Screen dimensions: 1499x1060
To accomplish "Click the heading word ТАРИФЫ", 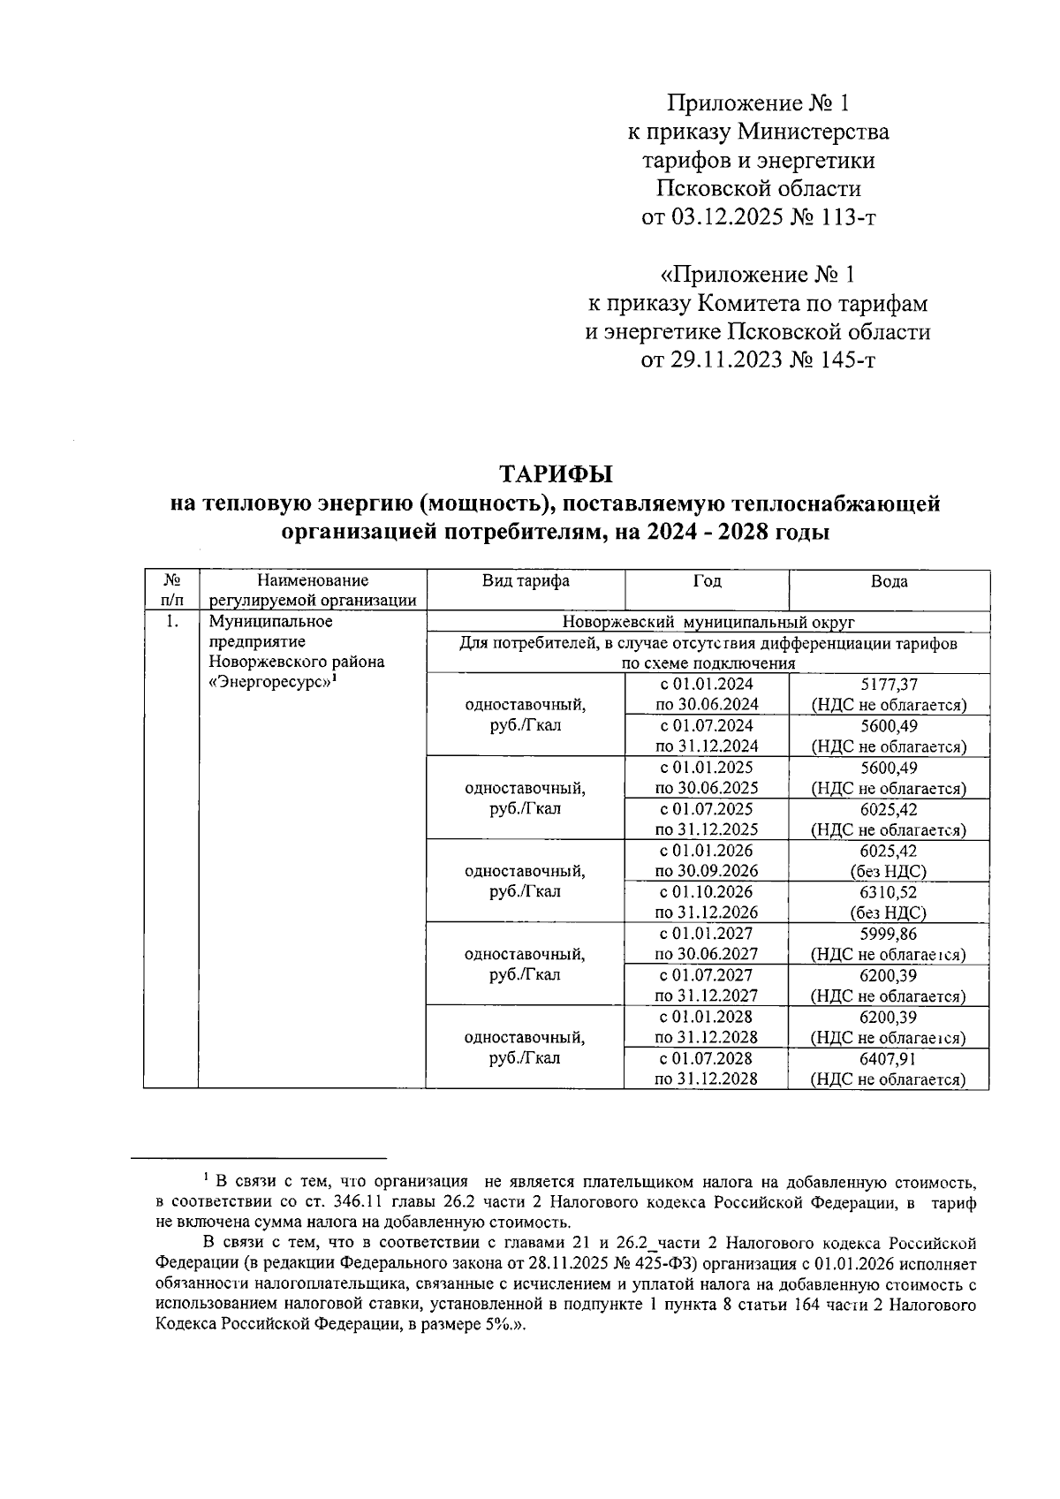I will pos(556,474).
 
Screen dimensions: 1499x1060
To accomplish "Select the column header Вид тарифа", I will pos(526,581).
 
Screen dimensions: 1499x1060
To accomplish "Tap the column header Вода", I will pos(889,581).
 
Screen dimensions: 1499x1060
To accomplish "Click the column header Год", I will pos(707,581).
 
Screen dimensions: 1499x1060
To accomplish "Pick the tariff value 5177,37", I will pos(889,684).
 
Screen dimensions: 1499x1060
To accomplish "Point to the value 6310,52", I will pos(889,892).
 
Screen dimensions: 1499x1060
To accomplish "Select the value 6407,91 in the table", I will pos(889,1058).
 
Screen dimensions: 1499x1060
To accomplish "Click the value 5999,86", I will pos(889,934).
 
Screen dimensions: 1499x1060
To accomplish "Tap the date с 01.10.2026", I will pos(707,892).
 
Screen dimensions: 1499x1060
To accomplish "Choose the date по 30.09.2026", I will pos(707,871).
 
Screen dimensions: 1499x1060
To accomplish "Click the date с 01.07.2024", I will pos(707,725).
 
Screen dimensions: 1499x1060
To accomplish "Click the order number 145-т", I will pos(839,360).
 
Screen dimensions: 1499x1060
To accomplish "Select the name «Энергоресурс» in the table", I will pos(272,682).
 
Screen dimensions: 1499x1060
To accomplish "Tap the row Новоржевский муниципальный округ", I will pos(708,622).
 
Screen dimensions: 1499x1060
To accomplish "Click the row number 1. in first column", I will pos(172,622).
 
